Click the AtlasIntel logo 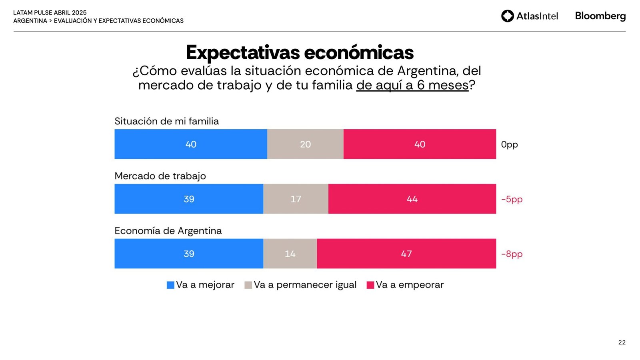[x=529, y=16]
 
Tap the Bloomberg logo [x=600, y=16]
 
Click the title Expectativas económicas [x=300, y=52]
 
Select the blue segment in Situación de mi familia [x=191, y=144]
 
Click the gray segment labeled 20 [x=305, y=144]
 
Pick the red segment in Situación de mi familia [x=420, y=144]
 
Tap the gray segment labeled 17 [x=296, y=199]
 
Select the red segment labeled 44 [x=412, y=199]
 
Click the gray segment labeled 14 [x=290, y=254]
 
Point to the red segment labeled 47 [x=406, y=254]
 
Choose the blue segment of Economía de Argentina [x=189, y=254]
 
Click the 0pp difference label [x=509, y=144]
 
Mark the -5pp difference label [x=512, y=199]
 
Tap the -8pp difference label [x=512, y=254]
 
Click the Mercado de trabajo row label [x=160, y=176]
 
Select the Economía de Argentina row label [x=168, y=231]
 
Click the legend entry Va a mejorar [x=200, y=285]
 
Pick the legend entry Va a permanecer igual [x=300, y=285]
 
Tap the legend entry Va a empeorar [x=405, y=285]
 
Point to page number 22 [x=622, y=342]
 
